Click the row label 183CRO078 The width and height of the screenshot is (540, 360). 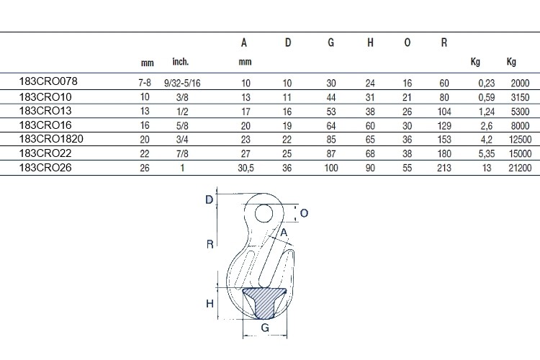(48, 81)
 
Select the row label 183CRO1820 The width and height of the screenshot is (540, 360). (51, 139)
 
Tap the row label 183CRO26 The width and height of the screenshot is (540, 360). (45, 168)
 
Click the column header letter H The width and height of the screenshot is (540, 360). (370, 42)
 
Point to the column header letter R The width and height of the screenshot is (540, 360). (444, 42)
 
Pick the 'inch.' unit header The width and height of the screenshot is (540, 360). (181, 62)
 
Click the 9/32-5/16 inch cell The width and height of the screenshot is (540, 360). (182, 83)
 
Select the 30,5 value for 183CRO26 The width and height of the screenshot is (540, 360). (246, 168)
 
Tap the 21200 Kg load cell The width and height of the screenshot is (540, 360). (520, 168)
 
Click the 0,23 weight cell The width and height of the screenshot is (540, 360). (487, 83)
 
